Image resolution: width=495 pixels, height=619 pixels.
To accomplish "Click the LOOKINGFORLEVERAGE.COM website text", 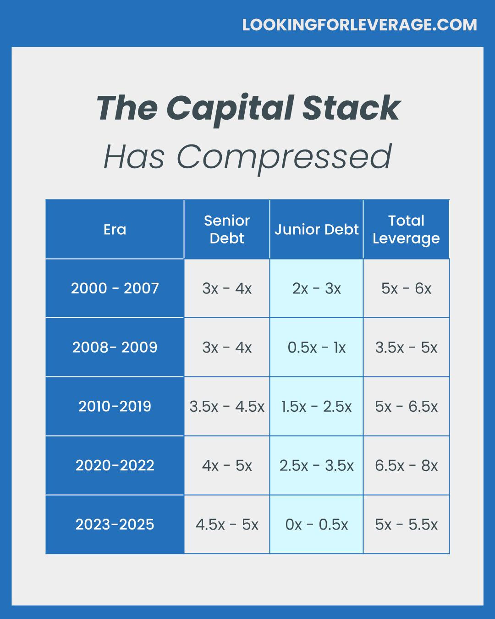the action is [359, 25].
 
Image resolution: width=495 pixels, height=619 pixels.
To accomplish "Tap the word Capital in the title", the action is [230, 110].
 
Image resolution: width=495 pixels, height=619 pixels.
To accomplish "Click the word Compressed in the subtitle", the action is [284, 158].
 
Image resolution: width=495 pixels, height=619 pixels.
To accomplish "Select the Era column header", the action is [115, 230].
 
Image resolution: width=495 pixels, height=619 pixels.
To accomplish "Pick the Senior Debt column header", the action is [227, 230].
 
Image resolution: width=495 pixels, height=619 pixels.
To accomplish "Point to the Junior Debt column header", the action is [316, 230].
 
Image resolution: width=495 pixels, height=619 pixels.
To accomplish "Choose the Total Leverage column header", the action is [406, 230].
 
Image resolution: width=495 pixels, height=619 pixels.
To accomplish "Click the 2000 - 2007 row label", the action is [115, 288].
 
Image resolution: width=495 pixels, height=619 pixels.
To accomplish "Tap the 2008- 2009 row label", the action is [115, 347].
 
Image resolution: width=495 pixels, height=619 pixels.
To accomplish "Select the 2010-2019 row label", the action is [115, 406].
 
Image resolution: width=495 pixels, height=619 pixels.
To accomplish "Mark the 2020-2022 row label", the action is [115, 465].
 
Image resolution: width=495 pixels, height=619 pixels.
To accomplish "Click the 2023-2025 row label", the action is [115, 524].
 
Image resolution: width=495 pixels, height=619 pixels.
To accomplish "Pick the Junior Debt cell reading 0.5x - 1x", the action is [316, 348].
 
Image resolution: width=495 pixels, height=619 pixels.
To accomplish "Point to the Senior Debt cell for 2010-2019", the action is [227, 406].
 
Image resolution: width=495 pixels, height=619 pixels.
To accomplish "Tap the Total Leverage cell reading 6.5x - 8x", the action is [406, 465].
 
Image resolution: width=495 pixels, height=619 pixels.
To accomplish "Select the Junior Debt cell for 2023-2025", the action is [316, 525].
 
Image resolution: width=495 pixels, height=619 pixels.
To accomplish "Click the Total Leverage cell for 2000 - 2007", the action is [406, 288].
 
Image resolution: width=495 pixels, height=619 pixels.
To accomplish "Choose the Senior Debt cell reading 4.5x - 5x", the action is [227, 525].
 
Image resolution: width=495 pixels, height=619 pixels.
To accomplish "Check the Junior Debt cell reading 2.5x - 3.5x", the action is [316, 465].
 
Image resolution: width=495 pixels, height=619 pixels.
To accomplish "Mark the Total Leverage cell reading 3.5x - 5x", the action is [406, 348].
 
